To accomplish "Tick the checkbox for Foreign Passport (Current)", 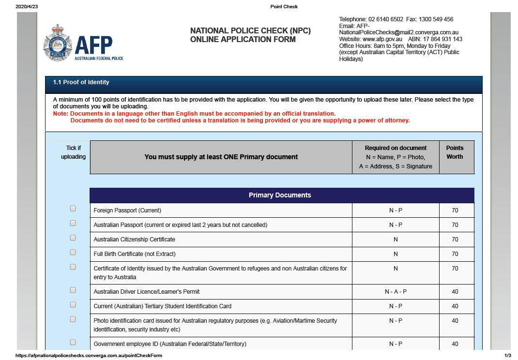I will click(73, 209).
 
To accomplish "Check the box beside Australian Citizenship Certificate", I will click(73, 238).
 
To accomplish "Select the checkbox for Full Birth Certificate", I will click(73, 252).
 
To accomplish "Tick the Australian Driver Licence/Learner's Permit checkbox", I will click(73, 290).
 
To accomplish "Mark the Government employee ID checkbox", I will click(73, 342).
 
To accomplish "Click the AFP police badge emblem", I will click(57, 43).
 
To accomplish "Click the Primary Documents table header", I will click(280, 195).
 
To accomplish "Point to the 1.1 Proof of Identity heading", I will click(81, 82).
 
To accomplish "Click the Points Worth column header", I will click(455, 152).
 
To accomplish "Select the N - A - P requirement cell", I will click(396, 292).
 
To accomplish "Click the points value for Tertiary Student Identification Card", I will click(455, 306).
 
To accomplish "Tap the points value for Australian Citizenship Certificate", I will click(455, 240).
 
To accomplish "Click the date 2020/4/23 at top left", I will click(27, 7).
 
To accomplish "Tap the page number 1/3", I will click(508, 356).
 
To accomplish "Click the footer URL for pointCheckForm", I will click(89, 356).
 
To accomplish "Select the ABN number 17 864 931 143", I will click(442, 39).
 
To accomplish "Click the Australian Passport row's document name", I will click(180, 225).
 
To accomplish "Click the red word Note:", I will click(61, 114).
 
